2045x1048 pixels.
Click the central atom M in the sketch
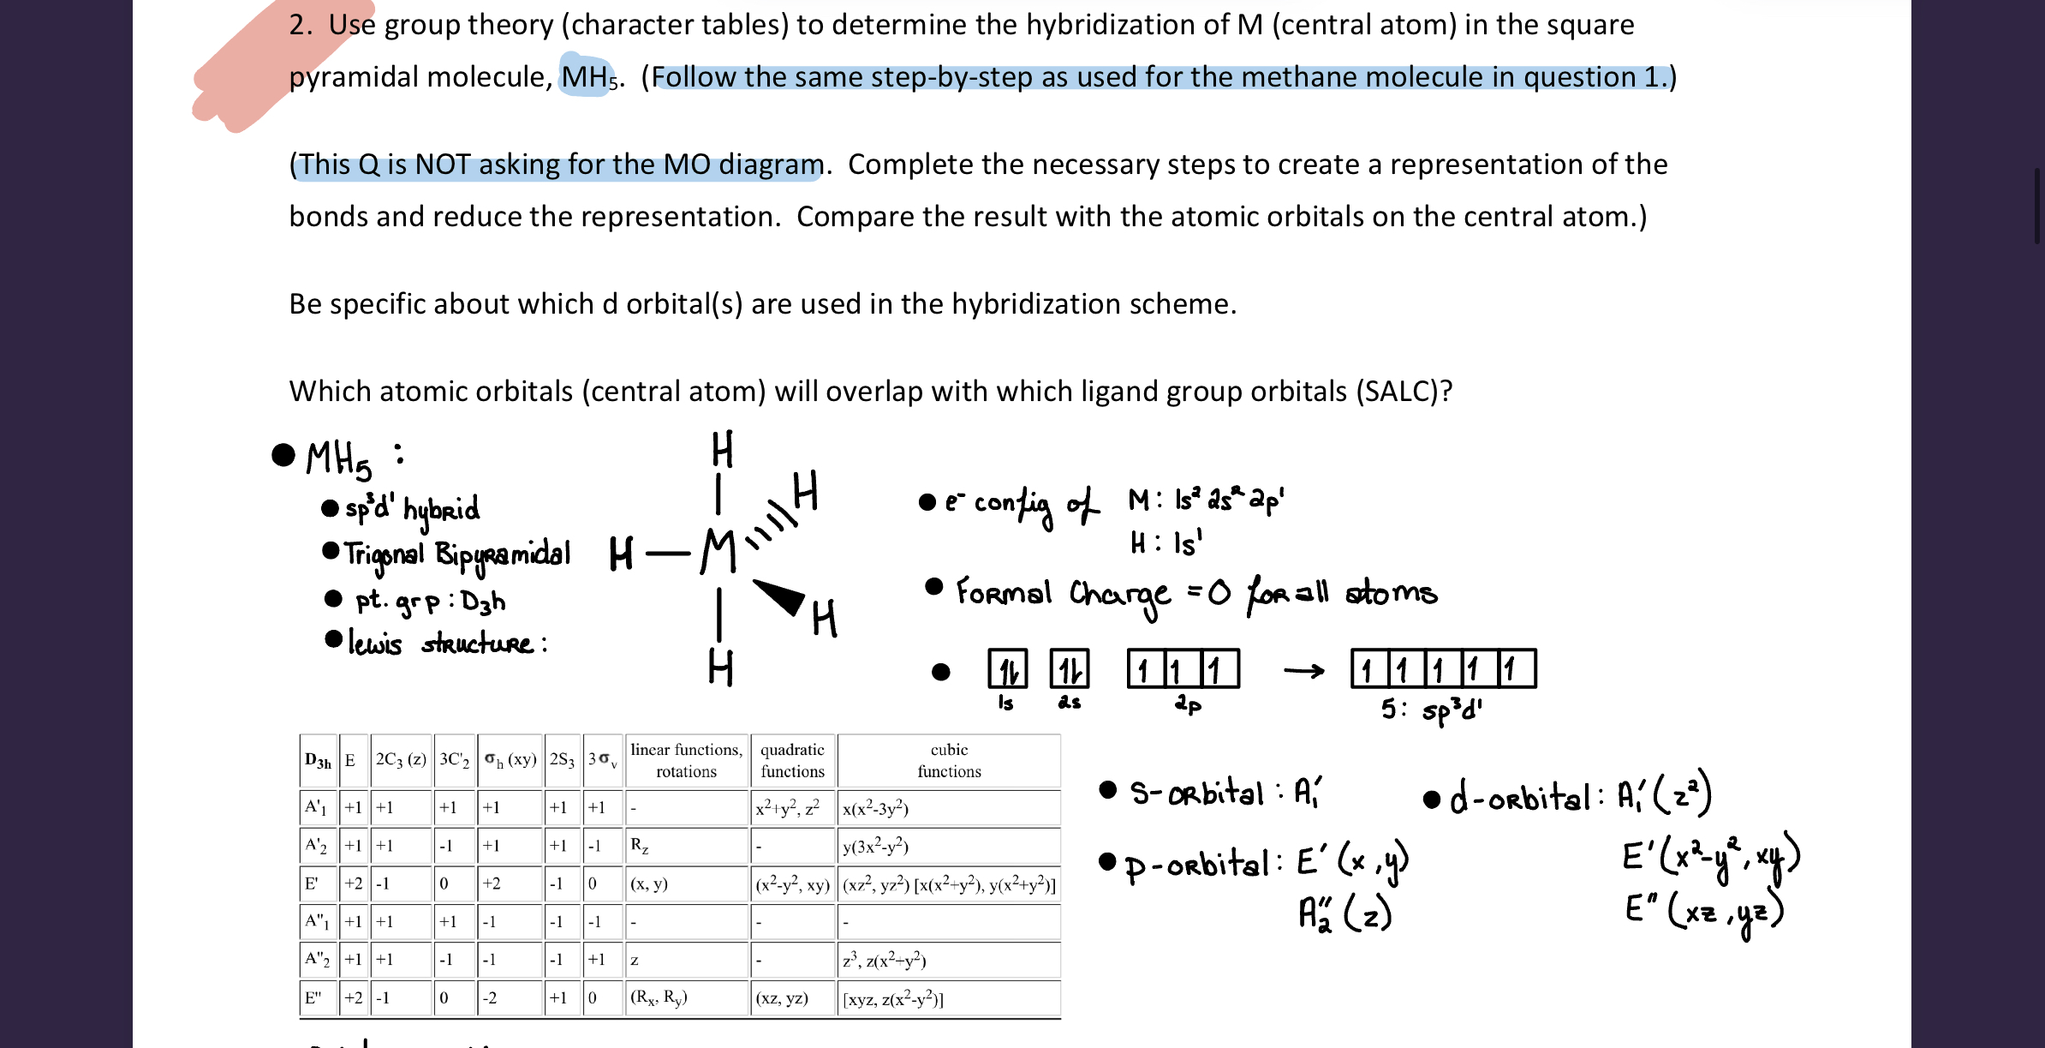click(718, 551)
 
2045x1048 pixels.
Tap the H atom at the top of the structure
click(722, 450)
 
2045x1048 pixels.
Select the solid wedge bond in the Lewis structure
click(779, 596)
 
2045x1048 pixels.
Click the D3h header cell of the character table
click(318, 761)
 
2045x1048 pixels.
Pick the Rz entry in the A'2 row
click(639, 845)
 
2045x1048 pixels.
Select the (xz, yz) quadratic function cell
click(782, 997)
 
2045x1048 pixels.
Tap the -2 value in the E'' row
click(489, 997)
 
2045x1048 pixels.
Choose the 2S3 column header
click(562, 760)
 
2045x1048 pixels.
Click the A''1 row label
click(317, 922)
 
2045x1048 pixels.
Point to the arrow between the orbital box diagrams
click(1303, 671)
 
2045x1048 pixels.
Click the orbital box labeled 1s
click(1008, 669)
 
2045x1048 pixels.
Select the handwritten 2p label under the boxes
click(1187, 704)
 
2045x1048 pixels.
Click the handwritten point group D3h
click(483, 602)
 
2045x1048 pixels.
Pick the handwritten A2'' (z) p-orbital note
click(1344, 913)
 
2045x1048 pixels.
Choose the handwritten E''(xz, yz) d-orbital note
click(1703, 911)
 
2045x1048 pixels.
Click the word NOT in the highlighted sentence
click(443, 165)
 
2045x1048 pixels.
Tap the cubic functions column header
click(949, 760)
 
